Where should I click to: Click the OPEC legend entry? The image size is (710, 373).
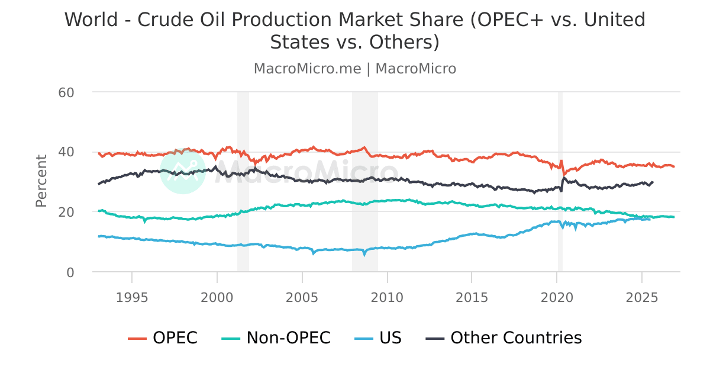point(163,338)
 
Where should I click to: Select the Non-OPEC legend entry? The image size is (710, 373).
point(276,338)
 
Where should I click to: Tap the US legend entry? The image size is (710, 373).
point(379,338)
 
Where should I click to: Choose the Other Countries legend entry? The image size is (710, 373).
point(504,338)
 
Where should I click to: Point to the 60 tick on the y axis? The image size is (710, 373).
point(66,92)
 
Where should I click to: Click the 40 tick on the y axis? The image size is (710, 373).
point(66,152)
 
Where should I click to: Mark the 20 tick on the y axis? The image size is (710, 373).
point(66,212)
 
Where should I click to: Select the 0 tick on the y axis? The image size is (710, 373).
point(70,272)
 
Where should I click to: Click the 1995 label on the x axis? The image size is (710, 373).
point(132,296)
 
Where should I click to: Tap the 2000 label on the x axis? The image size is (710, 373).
point(217,296)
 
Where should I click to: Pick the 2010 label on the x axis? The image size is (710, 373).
point(387,296)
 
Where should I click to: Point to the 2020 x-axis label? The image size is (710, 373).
point(557,296)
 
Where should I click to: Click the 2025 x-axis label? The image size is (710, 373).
point(641,296)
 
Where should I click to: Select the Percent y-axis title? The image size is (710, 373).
point(41,181)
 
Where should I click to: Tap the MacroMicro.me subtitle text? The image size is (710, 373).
point(307,69)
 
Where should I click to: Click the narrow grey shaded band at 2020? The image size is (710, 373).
point(560,237)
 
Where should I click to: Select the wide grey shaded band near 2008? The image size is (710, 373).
point(364,237)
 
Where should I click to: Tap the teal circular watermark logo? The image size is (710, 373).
point(183,171)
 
